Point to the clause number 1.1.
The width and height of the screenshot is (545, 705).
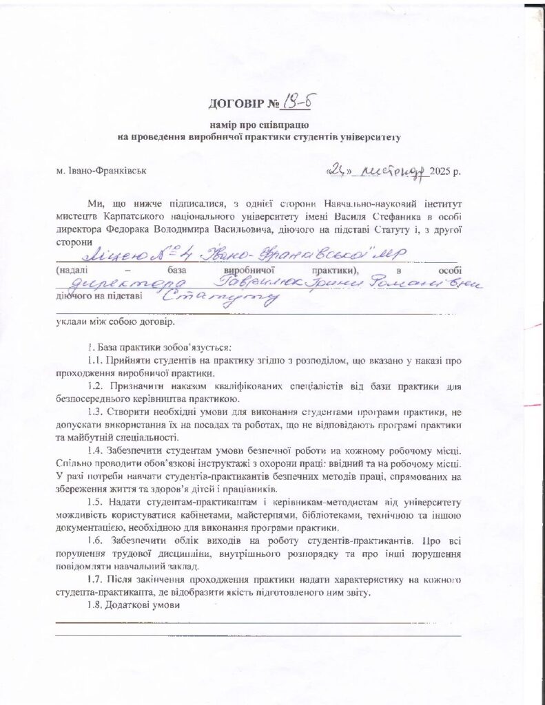pyautogui.click(x=95, y=361)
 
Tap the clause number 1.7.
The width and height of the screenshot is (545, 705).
pyautogui.click(x=95, y=580)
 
